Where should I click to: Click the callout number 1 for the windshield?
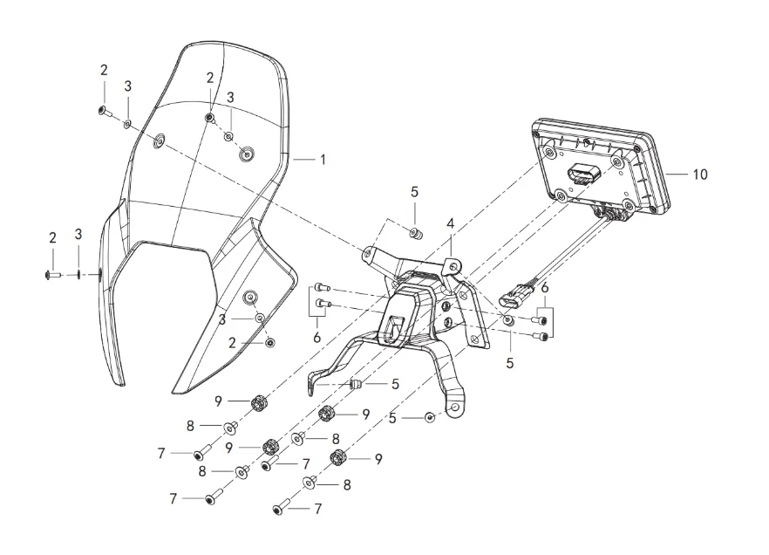point(323,160)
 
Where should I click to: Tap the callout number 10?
point(700,175)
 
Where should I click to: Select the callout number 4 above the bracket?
point(450,223)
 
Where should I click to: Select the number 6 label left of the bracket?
point(316,338)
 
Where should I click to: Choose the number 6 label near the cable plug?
point(545,288)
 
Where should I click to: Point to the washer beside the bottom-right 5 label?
point(430,418)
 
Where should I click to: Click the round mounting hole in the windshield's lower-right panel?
point(250,298)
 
